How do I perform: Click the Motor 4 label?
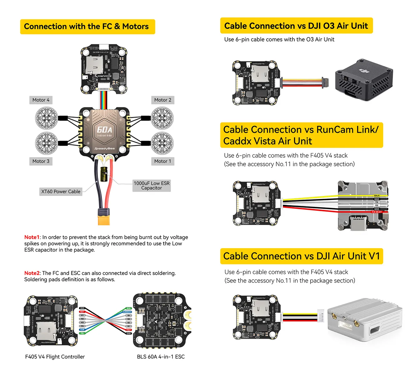pyautogui.click(x=41, y=100)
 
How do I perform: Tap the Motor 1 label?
pyautogui.click(x=163, y=161)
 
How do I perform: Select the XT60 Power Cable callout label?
pyautogui.click(x=61, y=192)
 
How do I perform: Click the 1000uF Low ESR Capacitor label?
pyautogui.click(x=151, y=186)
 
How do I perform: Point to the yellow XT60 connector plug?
pyautogui.click(x=104, y=218)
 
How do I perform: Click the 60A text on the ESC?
pyautogui.click(x=104, y=130)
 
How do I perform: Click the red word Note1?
pyautogui.click(x=32, y=237)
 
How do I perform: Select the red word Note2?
pyautogui.click(x=32, y=273)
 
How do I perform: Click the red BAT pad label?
pyautogui.click(x=82, y=312)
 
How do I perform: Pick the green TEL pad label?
pyautogui.click(x=82, y=333)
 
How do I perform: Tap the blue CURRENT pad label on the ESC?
pyautogui.click(x=127, y=312)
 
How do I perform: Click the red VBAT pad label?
pyautogui.click(x=129, y=330)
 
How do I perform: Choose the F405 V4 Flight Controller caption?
pyautogui.click(x=55, y=357)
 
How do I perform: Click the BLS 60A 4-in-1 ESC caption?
pyautogui.click(x=161, y=357)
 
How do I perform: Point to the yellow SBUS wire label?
pyautogui.click(x=377, y=196)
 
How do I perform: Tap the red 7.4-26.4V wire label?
pyautogui.click(x=377, y=212)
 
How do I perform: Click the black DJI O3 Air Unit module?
pyautogui.click(x=364, y=80)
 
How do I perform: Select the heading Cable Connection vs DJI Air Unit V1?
pyautogui.click(x=302, y=256)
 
